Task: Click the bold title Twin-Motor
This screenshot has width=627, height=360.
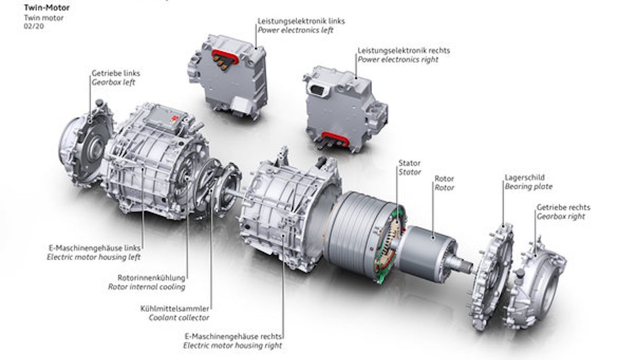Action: pyautogui.click(x=47, y=7)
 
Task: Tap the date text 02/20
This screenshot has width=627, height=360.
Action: pyautogui.click(x=34, y=27)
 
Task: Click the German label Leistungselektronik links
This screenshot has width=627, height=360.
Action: pyautogui.click(x=301, y=21)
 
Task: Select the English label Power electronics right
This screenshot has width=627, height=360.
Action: pyautogui.click(x=398, y=60)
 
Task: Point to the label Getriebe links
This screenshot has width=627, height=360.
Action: pyautogui.click(x=116, y=73)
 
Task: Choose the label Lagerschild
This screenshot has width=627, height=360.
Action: pyautogui.click(x=525, y=178)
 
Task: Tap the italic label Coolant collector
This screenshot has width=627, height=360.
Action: pyautogui.click(x=179, y=318)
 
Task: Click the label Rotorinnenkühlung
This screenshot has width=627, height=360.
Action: pyautogui.click(x=152, y=278)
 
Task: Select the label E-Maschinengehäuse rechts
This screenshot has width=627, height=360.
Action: pyautogui.click(x=234, y=336)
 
